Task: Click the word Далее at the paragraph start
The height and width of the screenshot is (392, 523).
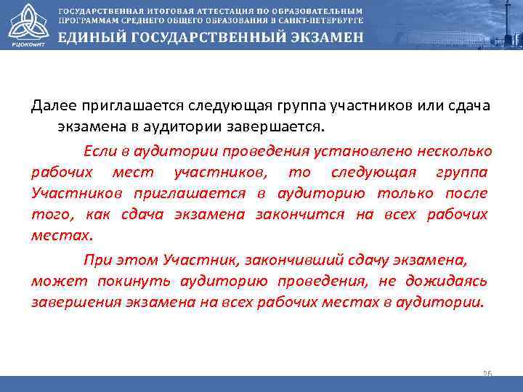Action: tap(52, 106)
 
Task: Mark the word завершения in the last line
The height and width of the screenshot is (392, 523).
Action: tap(66, 302)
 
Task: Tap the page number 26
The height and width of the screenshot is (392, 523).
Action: tap(487, 373)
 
